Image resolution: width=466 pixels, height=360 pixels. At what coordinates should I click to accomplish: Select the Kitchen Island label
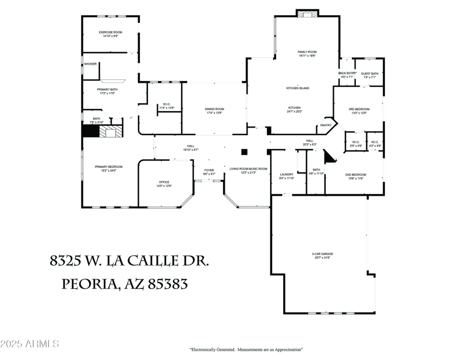click(297, 88)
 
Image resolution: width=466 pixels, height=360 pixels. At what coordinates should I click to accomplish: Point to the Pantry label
click(326, 125)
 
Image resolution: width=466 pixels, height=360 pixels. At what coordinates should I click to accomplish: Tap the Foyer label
click(209, 171)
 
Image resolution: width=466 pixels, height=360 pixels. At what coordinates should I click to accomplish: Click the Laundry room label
click(286, 175)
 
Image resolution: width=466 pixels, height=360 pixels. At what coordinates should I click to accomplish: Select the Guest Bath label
click(370, 75)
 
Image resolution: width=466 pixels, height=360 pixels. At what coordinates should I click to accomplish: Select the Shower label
click(90, 63)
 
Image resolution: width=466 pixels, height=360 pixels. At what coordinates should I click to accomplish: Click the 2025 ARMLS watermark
click(30, 344)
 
